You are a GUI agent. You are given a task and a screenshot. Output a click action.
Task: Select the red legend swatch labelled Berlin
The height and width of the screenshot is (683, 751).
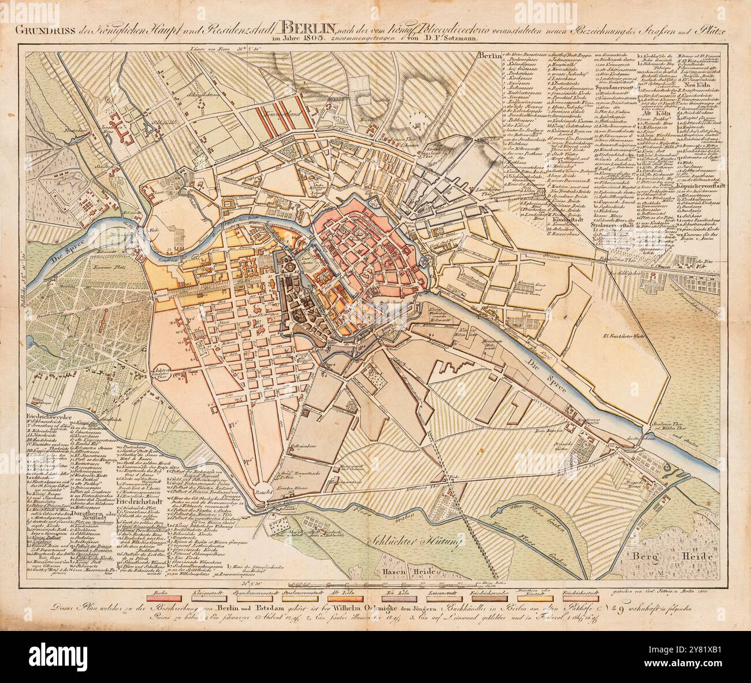[x=161, y=586]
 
